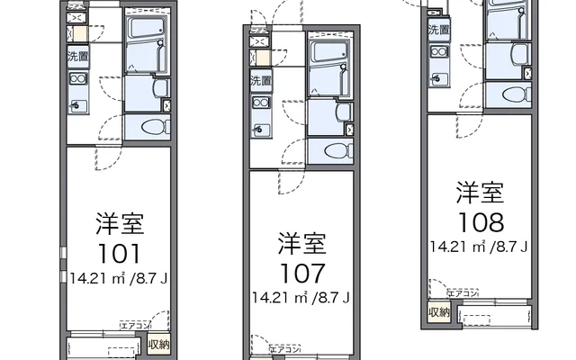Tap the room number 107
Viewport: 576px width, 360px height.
[x=301, y=272]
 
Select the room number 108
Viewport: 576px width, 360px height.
[x=479, y=220]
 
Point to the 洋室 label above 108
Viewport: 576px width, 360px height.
[x=479, y=193]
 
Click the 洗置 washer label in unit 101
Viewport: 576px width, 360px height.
[x=76, y=57]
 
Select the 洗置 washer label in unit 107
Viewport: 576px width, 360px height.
[x=260, y=81]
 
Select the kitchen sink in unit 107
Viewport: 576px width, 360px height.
[x=260, y=129]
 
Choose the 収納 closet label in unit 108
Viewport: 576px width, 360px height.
[x=438, y=312]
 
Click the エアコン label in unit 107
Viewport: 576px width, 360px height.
[x=287, y=348]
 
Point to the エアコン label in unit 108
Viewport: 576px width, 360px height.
[x=463, y=293]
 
